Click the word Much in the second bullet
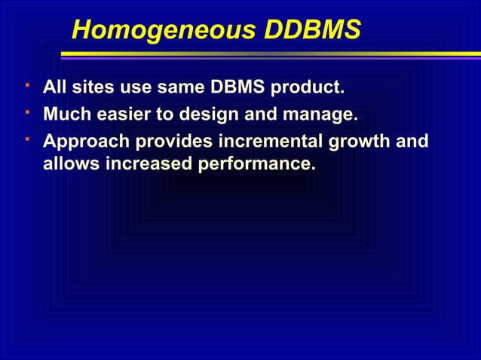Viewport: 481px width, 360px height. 65,115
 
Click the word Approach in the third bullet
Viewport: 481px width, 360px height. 82,142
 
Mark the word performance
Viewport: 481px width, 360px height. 256,163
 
